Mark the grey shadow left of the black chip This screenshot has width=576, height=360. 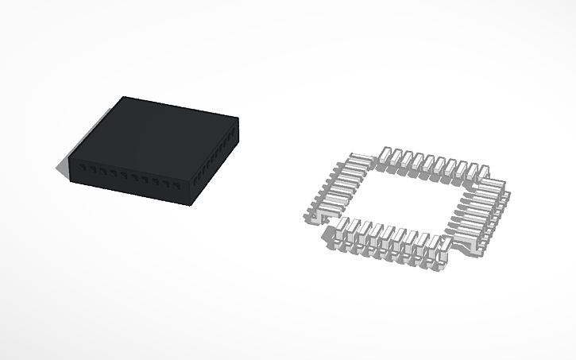point(63,166)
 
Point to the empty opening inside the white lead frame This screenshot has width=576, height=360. point(405,199)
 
